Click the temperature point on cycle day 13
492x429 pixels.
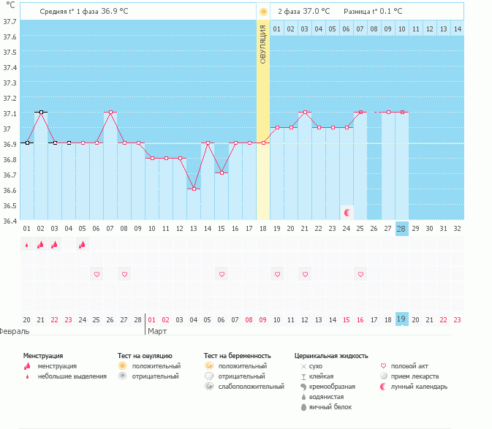pos(194,189)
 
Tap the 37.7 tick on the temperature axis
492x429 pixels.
pos(10,22)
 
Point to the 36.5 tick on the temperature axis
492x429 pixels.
pos(10,205)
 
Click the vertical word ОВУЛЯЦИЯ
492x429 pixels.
pos(263,45)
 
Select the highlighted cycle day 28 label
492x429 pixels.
pos(401,228)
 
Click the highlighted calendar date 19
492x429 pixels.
pos(401,319)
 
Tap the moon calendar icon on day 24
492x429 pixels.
pos(348,212)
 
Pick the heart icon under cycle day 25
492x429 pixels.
pos(360,274)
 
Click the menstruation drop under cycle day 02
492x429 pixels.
pos(41,245)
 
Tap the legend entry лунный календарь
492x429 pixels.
pos(419,386)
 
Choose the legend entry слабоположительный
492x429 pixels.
pos(251,386)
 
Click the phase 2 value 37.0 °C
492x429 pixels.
pos(316,11)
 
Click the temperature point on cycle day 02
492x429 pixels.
pos(41,113)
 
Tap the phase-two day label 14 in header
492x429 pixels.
pos(457,29)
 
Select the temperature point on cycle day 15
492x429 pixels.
pos(208,143)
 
